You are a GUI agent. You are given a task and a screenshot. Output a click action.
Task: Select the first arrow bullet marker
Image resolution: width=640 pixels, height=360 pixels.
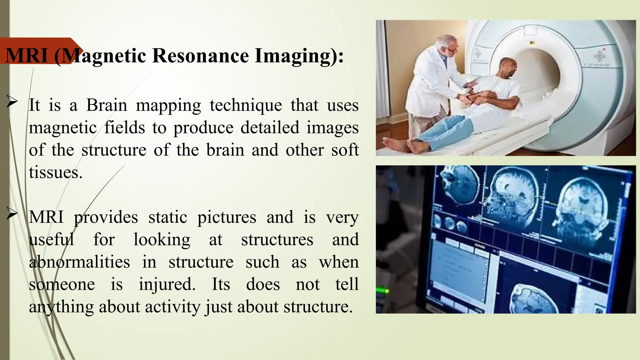(x=12, y=102)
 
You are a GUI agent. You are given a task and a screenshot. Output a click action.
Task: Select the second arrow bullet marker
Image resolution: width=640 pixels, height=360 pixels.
(x=12, y=214)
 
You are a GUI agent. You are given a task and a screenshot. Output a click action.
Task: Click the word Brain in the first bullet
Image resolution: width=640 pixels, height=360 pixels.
(x=107, y=105)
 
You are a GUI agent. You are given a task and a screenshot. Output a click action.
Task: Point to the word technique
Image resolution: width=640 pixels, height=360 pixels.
(x=246, y=105)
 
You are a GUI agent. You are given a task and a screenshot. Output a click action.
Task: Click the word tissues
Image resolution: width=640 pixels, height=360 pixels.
(x=56, y=172)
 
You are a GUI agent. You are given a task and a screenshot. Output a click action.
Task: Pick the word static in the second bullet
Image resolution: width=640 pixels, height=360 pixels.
(x=167, y=217)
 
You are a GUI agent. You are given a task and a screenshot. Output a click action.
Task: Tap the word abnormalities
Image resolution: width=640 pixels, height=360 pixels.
(x=79, y=262)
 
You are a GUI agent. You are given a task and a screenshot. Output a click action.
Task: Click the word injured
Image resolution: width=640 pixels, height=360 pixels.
(x=167, y=284)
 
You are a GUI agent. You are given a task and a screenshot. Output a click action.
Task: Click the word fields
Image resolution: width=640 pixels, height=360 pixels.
(x=124, y=128)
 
